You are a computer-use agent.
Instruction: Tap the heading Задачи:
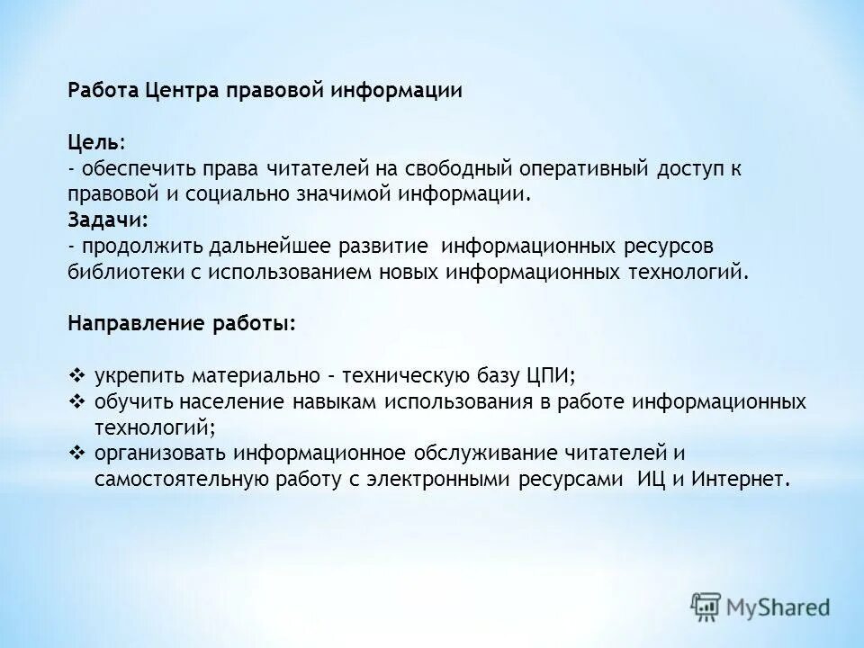pyautogui.click(x=107, y=220)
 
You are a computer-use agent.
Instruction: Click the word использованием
pyautogui.click(x=293, y=272)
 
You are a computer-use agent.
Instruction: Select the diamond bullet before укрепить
pyautogui.click(x=76, y=375)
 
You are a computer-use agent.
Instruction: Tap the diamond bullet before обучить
pyautogui.click(x=76, y=400)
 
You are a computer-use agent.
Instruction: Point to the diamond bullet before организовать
pyautogui.click(x=76, y=453)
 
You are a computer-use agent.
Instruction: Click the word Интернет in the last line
pyautogui.click(x=741, y=479)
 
